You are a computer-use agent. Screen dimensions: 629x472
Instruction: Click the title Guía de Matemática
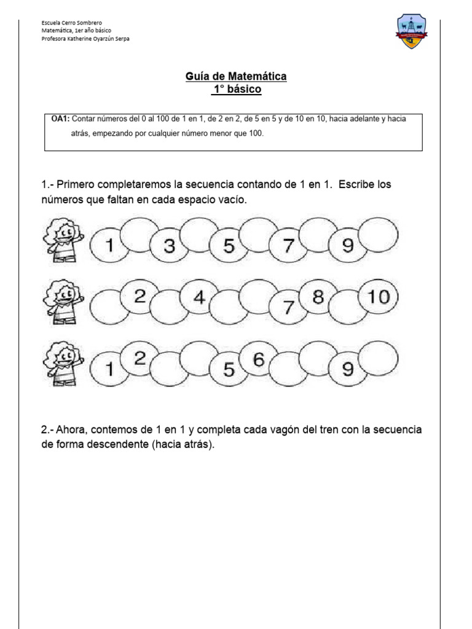pos(236,77)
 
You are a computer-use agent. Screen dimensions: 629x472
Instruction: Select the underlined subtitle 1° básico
pos(236,90)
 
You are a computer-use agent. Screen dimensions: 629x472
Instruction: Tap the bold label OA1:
pos(61,118)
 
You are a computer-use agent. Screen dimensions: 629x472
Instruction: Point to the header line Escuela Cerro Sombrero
pos(72,23)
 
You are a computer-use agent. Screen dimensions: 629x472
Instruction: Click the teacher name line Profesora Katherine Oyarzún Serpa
pos(85,38)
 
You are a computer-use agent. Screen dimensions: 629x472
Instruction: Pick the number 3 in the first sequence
pos(170,247)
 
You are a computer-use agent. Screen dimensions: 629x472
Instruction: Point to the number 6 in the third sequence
pos(258,361)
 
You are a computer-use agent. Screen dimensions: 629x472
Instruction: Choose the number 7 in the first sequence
pos(289,247)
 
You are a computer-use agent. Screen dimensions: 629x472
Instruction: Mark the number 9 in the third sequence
pos(348,369)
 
